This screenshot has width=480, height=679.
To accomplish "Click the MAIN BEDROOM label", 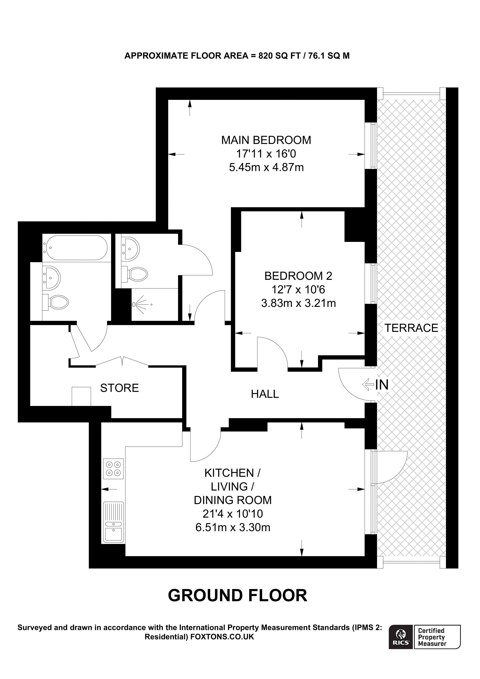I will (x=266, y=140).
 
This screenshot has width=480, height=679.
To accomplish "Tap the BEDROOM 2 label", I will (x=298, y=276).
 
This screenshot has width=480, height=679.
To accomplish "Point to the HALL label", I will (x=265, y=394).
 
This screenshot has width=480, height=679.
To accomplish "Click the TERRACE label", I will (x=411, y=328).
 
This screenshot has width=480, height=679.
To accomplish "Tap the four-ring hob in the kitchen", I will (x=113, y=469).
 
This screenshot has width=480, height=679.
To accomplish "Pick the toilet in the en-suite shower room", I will (x=137, y=274).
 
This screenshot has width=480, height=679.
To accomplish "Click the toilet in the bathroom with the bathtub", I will (x=57, y=302).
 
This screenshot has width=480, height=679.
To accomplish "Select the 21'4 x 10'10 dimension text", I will (x=232, y=514).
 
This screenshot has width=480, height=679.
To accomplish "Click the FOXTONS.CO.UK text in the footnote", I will (x=222, y=637).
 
